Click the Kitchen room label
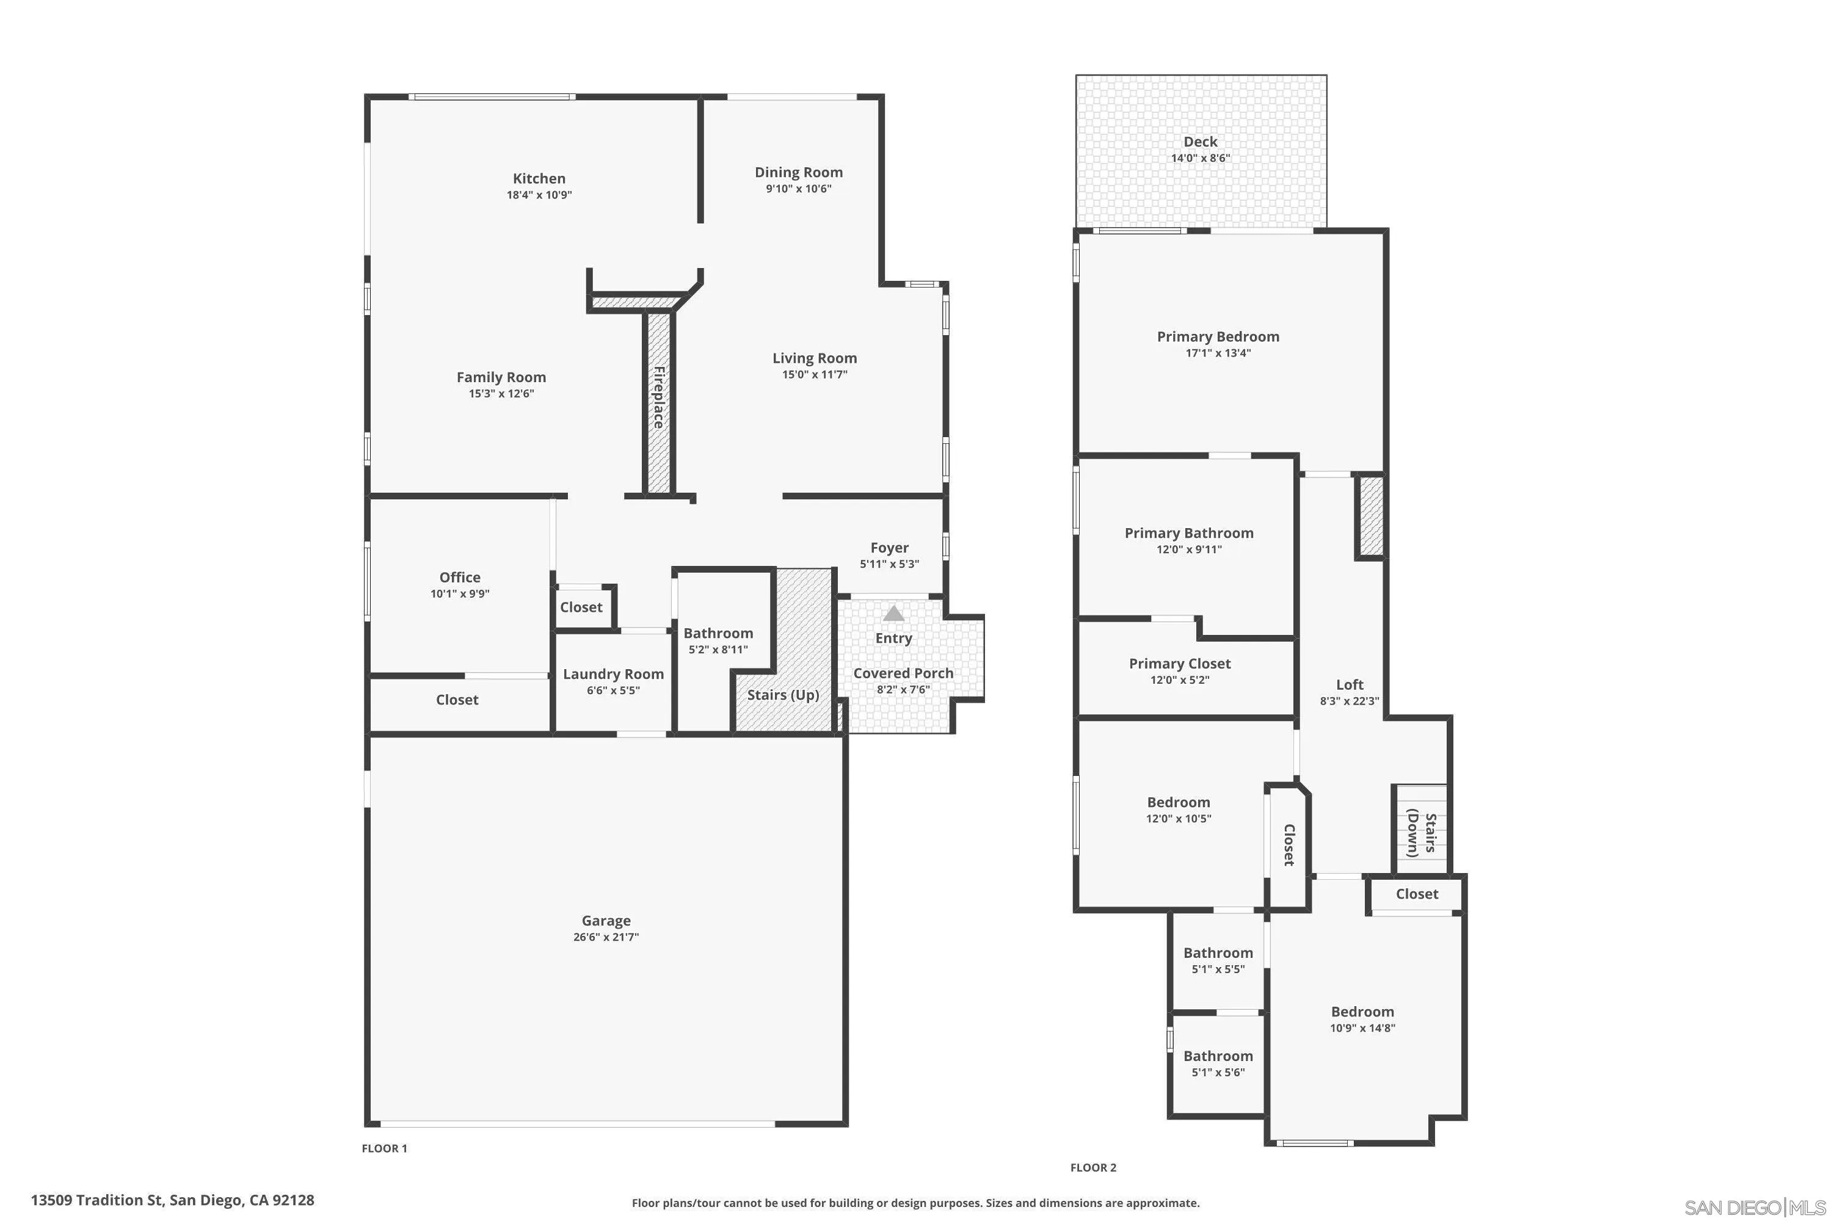click(539, 178)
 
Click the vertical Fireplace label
click(659, 398)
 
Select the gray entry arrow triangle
click(893, 614)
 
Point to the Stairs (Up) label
click(783, 695)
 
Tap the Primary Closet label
click(1179, 664)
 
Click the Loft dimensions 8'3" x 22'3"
click(1349, 701)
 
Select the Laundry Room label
click(613, 675)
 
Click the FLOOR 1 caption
click(384, 1148)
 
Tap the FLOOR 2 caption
click(1093, 1168)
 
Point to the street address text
click(172, 1200)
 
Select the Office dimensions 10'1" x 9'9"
click(460, 594)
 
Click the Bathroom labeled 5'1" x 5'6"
click(1218, 1057)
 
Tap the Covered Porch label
click(903, 673)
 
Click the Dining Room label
click(798, 172)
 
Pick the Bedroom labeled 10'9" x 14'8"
click(1362, 1012)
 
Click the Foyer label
click(889, 548)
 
